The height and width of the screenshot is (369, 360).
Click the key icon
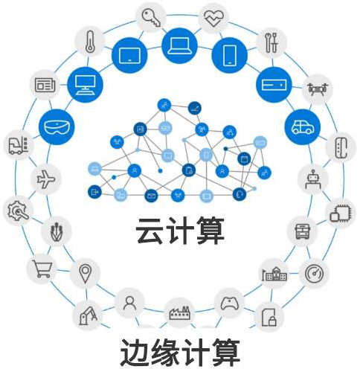pos(151,17)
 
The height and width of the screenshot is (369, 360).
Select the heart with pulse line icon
pos(213,19)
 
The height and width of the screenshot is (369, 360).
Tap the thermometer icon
pos(90,42)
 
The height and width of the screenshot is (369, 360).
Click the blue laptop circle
pos(179,45)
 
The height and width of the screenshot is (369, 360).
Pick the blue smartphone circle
pos(230,55)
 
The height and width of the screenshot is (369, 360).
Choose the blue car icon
pos(303,126)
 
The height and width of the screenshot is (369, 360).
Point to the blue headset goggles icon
pos(57,127)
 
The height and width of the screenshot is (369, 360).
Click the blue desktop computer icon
pos(85,85)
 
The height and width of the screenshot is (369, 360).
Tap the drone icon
pos(317,89)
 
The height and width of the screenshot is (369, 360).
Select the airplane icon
pos(46,179)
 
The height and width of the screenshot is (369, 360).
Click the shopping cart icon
pos(42,269)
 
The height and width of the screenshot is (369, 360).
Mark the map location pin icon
pos(85,274)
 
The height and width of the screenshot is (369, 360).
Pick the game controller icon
pos(230,303)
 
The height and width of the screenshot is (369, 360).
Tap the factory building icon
pos(179,312)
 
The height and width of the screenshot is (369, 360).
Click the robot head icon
pos(313,179)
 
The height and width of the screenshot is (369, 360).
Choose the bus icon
pos(302,231)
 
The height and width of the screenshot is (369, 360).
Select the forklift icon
pos(18,145)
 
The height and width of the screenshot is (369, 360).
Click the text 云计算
pos(180,231)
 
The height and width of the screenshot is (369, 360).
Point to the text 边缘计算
pos(180,353)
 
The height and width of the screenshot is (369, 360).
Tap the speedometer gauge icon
pos(314,274)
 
